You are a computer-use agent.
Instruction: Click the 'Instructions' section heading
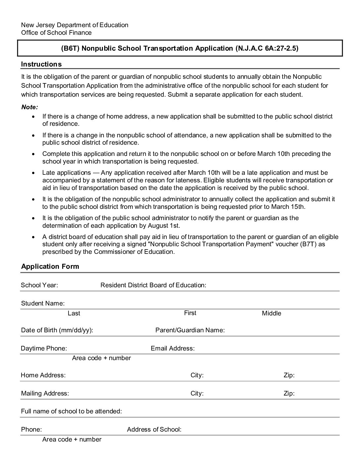click(41, 64)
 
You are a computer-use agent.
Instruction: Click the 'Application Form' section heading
click(50, 266)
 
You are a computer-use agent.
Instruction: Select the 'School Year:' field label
click(39, 285)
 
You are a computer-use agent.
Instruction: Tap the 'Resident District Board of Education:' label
click(153, 285)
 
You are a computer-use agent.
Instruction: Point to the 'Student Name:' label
click(43, 303)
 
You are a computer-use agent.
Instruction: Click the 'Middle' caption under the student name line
click(271, 313)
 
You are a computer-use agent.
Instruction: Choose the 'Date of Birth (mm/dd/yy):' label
click(57, 330)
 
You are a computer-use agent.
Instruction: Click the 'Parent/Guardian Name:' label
click(190, 330)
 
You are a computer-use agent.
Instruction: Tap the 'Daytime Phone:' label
click(44, 349)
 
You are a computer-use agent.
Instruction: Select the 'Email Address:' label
click(172, 349)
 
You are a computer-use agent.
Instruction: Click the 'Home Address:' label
click(43, 375)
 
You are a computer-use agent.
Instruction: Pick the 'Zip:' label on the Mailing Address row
click(289, 394)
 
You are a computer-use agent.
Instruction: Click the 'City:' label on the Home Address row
click(197, 375)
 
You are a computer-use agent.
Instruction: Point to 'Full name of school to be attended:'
click(71, 411)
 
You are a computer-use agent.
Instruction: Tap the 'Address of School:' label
click(154, 430)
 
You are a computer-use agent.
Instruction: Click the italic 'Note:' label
click(29, 107)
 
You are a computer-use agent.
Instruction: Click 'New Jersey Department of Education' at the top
click(75, 25)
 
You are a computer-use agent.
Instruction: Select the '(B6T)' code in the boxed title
click(70, 48)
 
